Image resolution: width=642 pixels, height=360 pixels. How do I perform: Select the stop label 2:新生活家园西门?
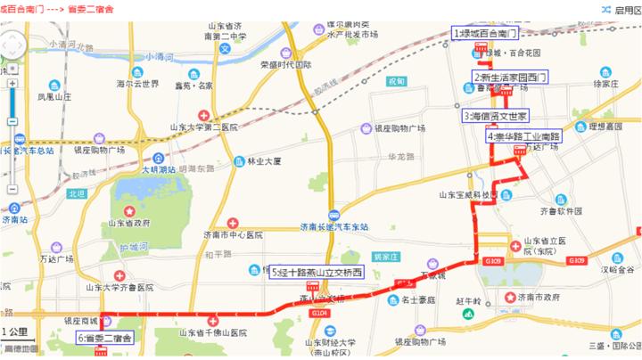(x=509, y=78)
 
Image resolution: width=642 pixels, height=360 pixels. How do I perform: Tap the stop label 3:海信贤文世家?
(x=496, y=116)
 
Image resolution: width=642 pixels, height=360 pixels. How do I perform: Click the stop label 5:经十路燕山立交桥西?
(x=317, y=272)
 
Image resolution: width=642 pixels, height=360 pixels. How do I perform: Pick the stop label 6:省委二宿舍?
(x=104, y=338)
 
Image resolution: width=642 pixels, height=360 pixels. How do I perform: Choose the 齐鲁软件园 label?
(x=560, y=211)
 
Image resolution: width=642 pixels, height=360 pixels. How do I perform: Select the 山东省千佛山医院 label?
(x=214, y=332)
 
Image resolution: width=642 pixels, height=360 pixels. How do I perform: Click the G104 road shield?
(x=320, y=313)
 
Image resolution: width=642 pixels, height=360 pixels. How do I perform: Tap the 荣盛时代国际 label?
(x=284, y=65)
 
